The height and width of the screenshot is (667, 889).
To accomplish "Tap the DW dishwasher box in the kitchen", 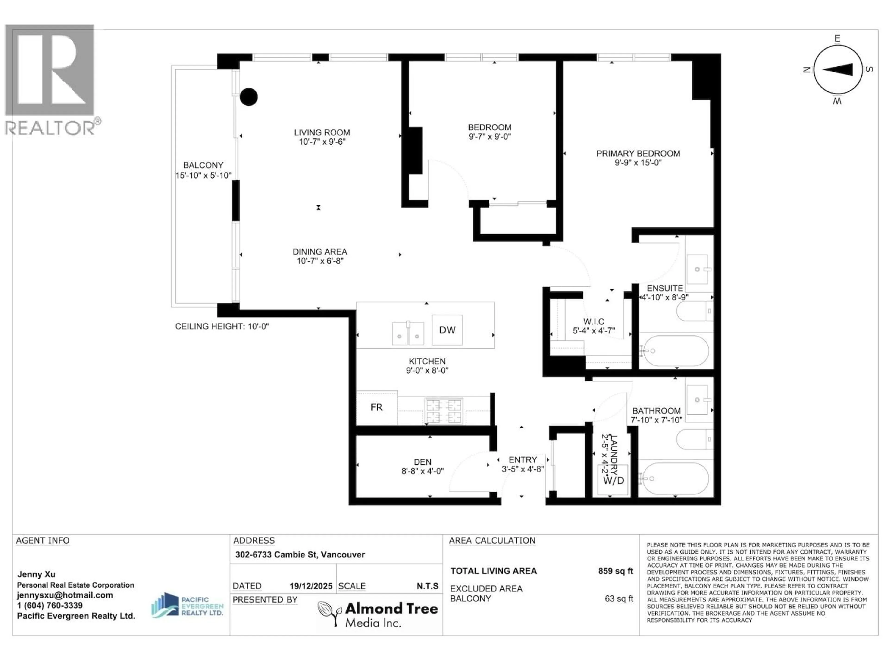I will point(447,330).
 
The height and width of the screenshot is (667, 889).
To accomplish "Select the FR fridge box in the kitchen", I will point(377,407).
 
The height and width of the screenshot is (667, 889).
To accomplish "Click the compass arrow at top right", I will point(838,69).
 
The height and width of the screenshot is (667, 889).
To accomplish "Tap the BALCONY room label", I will point(203,165).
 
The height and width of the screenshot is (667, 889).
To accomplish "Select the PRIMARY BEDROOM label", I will point(638,154).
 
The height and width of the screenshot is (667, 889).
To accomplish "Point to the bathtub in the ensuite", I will point(674,351).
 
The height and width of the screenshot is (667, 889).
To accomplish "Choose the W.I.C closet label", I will point(594,322).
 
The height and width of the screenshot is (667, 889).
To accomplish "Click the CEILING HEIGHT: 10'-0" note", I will point(222,327).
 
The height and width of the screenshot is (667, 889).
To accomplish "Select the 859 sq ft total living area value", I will point(615,571).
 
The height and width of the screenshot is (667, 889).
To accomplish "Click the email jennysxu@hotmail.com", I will point(65,595).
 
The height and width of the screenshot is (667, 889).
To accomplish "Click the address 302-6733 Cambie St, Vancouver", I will point(300,554).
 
